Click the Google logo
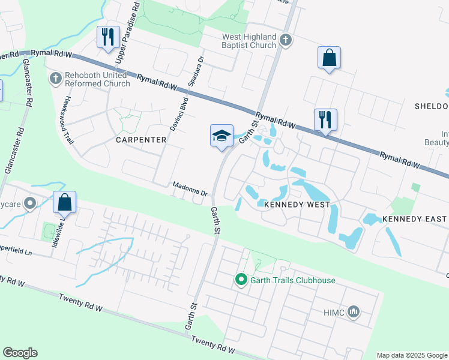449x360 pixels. tap(20, 353)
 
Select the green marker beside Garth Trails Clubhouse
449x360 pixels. tap(241, 280)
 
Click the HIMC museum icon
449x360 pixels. tap(354, 312)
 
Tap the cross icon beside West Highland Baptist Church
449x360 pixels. tap(286, 41)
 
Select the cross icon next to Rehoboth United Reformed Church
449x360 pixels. tap(56, 79)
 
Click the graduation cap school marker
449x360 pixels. tap(221, 136)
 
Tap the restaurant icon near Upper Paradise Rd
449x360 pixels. tap(107, 38)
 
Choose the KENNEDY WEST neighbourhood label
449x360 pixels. tap(297, 205)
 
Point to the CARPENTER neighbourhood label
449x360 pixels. tap(141, 140)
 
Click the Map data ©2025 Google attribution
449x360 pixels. tap(411, 355)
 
